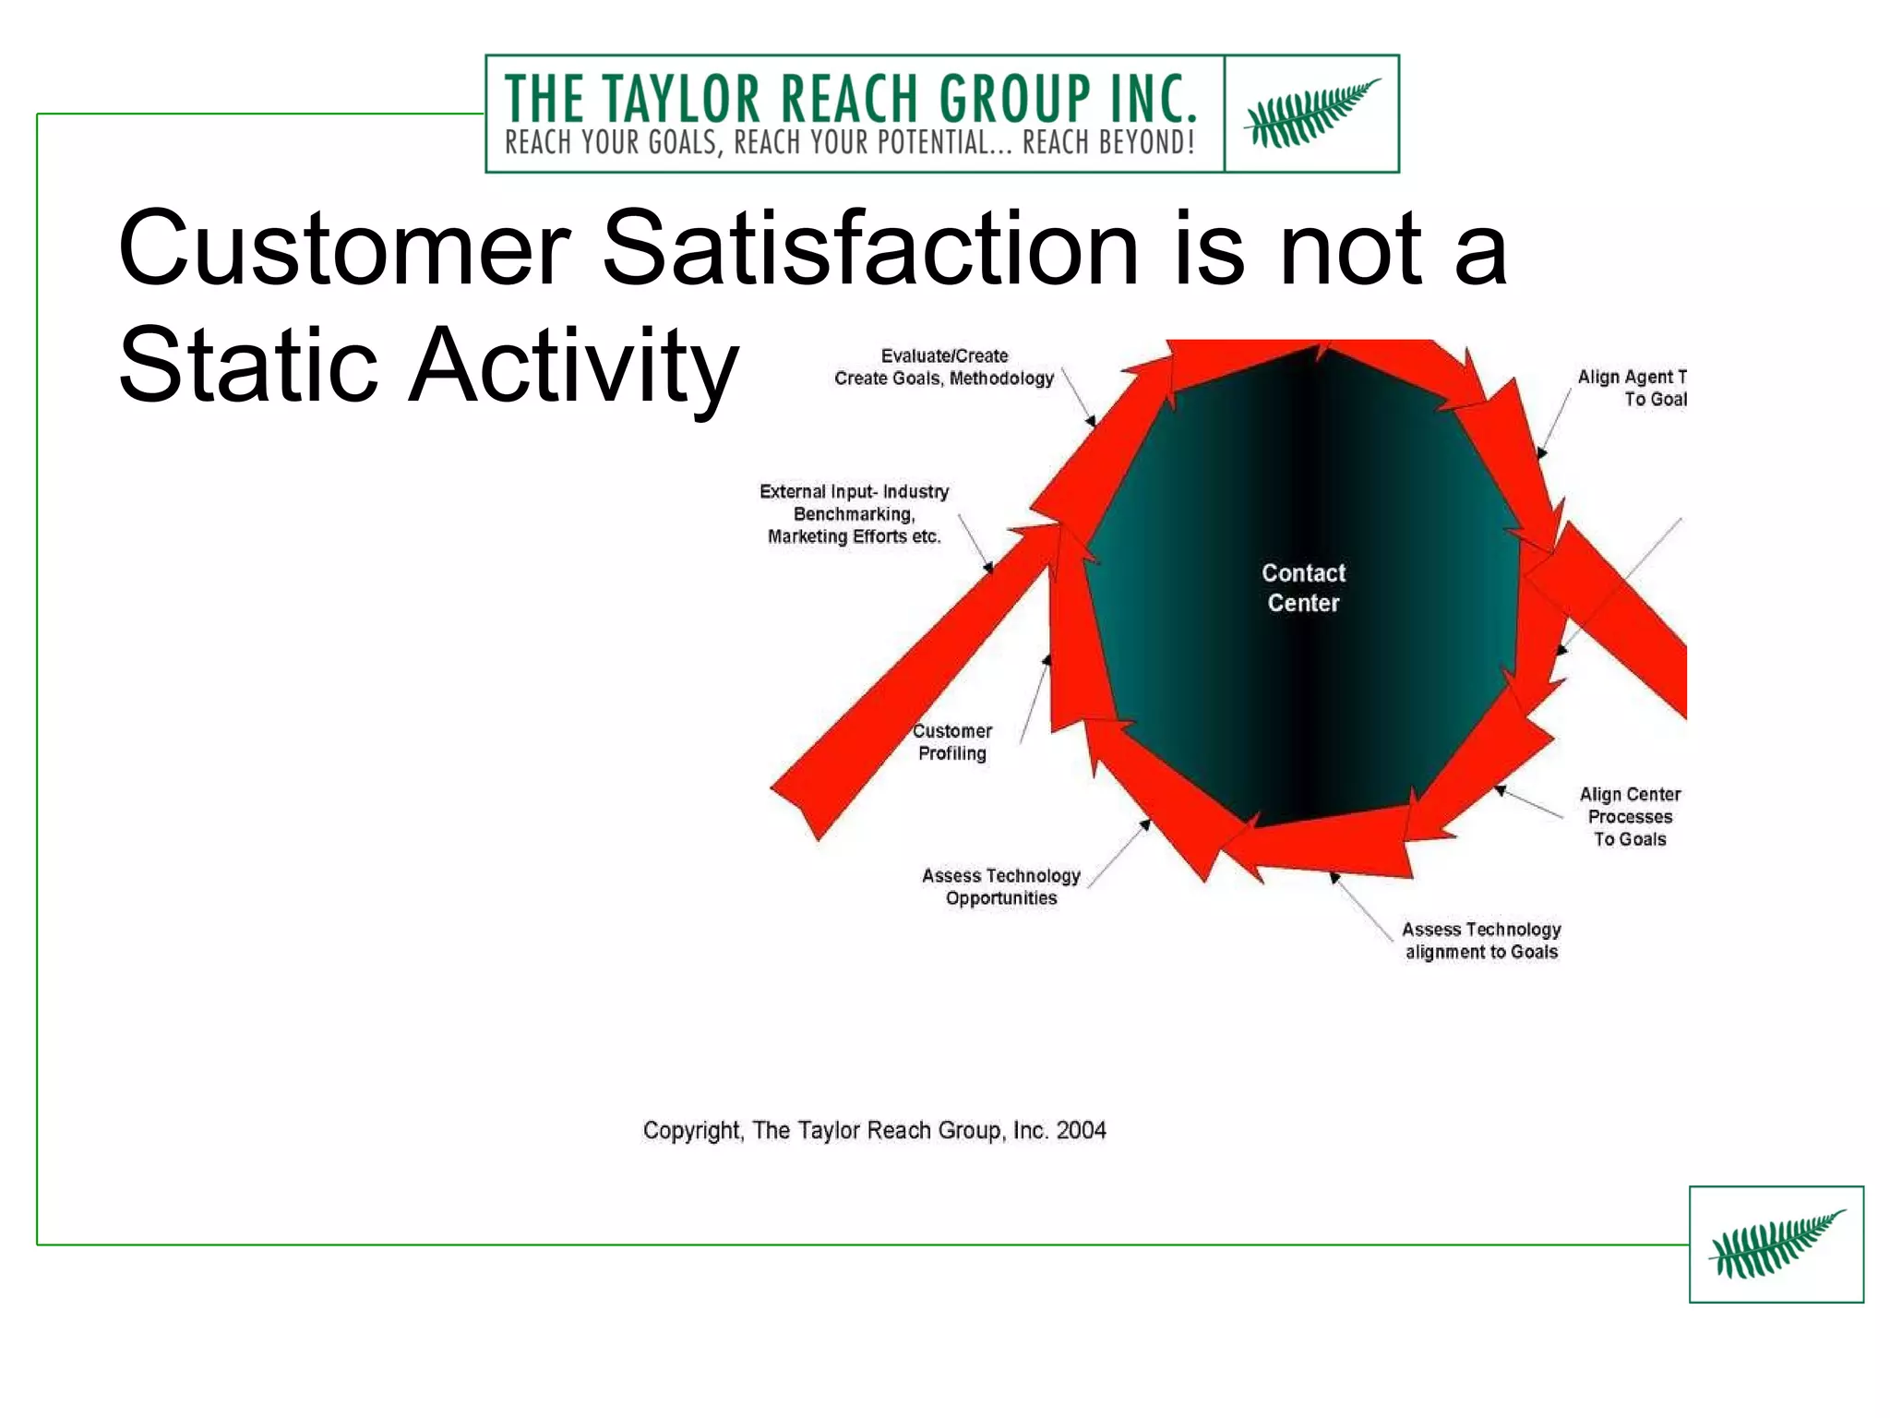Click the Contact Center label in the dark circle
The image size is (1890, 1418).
point(1303,588)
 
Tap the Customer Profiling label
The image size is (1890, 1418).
point(952,742)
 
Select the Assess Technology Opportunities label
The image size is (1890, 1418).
point(1001,887)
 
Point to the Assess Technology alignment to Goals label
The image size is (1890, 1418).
point(1481,941)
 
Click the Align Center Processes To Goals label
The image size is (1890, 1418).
point(1630,817)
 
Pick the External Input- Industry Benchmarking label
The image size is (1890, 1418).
point(854,514)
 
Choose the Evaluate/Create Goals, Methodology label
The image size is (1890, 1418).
point(944,367)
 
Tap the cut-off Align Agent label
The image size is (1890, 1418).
point(1633,388)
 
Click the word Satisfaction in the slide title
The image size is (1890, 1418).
point(870,249)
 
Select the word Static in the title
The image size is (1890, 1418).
point(248,366)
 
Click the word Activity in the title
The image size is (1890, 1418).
point(573,366)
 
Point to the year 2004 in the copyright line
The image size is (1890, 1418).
point(1081,1130)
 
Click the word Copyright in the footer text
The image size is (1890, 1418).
point(691,1131)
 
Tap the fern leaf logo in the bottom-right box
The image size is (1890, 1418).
point(1776,1244)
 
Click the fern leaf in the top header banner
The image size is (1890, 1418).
point(1311,114)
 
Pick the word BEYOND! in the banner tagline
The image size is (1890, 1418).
point(1146,143)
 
